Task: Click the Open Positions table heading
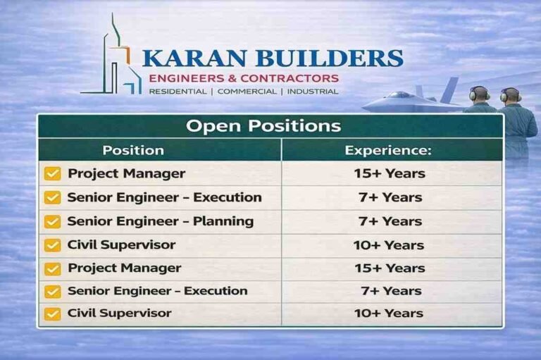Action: [263, 126]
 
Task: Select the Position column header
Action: [133, 150]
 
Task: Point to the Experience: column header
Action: [388, 150]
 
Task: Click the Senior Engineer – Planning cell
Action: [160, 221]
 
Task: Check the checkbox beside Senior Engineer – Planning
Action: [52, 222]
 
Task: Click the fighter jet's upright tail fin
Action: [450, 87]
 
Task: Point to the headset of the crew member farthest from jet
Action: [509, 94]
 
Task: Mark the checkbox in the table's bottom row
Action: [52, 314]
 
